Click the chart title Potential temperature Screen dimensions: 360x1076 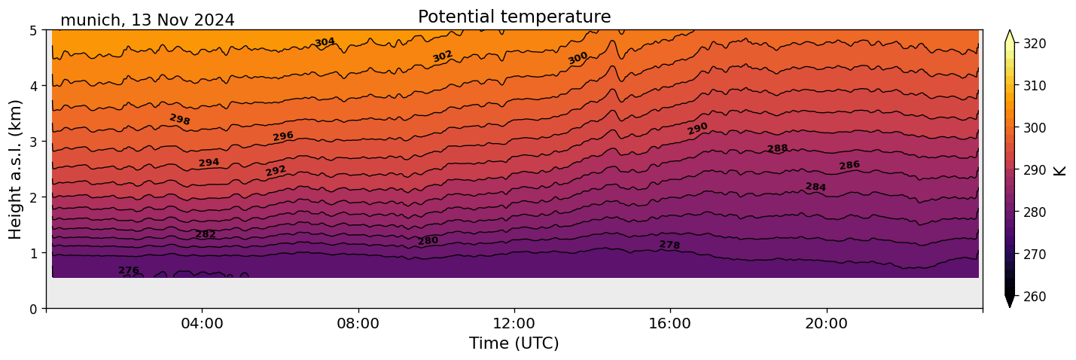pyautogui.click(x=514, y=17)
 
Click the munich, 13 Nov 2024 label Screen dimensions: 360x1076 pyautogui.click(x=147, y=20)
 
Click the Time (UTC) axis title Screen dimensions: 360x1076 pyautogui.click(x=514, y=343)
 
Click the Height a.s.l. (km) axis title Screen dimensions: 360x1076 pyautogui.click(x=16, y=169)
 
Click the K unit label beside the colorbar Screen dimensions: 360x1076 pyautogui.click(x=1061, y=170)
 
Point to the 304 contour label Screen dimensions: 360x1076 pyautogui.click(x=325, y=42)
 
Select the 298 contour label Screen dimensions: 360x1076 pyautogui.click(x=180, y=120)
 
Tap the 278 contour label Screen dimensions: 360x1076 pyautogui.click(x=669, y=246)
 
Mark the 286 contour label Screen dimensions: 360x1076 pyautogui.click(x=849, y=166)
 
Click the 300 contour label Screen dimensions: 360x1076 pyautogui.click(x=578, y=58)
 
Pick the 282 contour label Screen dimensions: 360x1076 pyautogui.click(x=206, y=234)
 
